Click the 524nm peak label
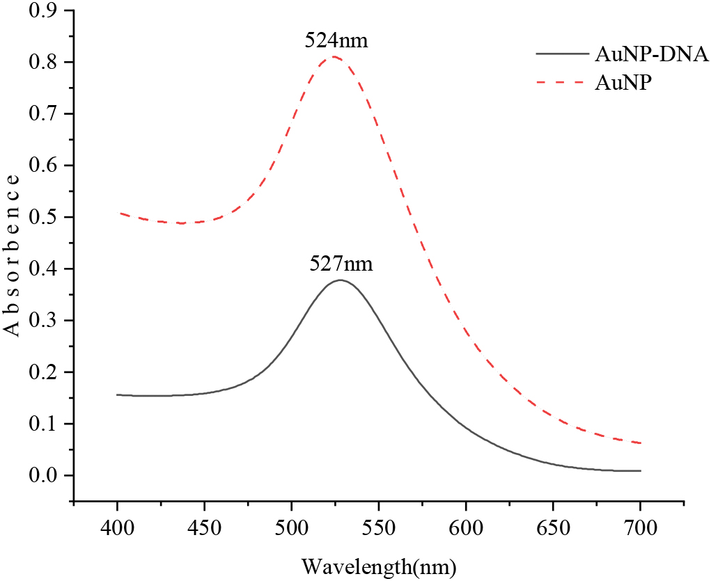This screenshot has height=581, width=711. (x=336, y=40)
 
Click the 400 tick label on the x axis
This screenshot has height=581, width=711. (x=118, y=532)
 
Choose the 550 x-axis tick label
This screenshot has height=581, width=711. (x=379, y=532)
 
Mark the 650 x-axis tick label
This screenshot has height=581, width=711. (x=553, y=532)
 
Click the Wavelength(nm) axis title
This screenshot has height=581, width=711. (x=378, y=566)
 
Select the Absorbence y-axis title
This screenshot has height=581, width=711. (x=12, y=255)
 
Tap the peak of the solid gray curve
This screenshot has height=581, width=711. (x=340, y=280)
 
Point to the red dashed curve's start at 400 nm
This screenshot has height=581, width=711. (x=118, y=213)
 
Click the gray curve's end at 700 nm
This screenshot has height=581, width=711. (x=640, y=471)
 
